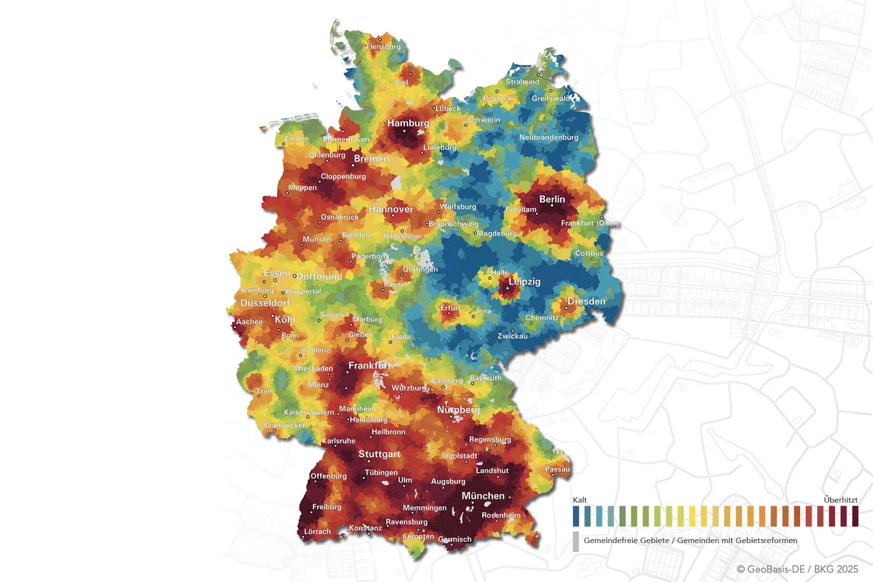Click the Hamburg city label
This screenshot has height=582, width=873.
(x=408, y=123)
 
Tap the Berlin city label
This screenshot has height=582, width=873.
(x=552, y=199)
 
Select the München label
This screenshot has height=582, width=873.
(x=483, y=496)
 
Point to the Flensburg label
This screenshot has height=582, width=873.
(x=383, y=46)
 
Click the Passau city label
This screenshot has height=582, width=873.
(x=557, y=469)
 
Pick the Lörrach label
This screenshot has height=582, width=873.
(x=317, y=532)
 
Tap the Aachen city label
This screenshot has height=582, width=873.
(x=249, y=321)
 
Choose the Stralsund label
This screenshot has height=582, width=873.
(x=522, y=82)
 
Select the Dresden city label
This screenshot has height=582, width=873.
(x=586, y=301)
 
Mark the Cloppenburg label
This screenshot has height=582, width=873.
(x=343, y=176)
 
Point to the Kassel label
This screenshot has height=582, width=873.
(x=395, y=285)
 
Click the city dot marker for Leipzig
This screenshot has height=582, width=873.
(x=507, y=288)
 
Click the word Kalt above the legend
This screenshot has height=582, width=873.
(x=580, y=500)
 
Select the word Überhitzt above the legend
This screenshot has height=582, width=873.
(x=840, y=500)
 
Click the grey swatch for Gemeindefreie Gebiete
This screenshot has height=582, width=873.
(x=576, y=541)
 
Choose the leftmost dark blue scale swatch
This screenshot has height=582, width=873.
(x=576, y=516)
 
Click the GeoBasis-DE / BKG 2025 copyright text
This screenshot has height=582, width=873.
(x=797, y=568)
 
